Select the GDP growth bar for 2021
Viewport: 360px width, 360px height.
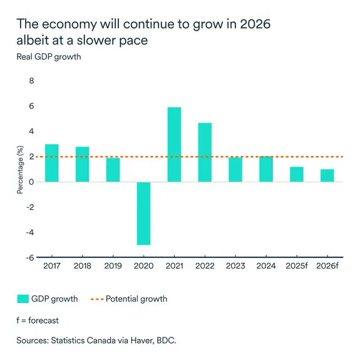click(x=174, y=145)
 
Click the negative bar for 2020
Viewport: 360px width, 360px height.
click(x=143, y=213)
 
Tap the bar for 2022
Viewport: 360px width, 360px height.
click(x=205, y=152)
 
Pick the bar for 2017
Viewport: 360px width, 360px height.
click(x=52, y=163)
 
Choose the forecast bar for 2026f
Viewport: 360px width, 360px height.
click(x=327, y=176)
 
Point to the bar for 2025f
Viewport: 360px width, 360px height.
click(x=297, y=175)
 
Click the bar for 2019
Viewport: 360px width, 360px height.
click(x=113, y=170)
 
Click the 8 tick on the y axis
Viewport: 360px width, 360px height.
click(x=31, y=81)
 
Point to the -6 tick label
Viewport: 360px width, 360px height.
click(x=29, y=257)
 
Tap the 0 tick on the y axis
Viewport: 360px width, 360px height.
click(x=31, y=182)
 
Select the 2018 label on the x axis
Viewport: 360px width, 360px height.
click(x=82, y=267)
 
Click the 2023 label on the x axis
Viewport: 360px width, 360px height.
click(x=235, y=267)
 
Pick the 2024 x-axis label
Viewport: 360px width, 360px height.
click(x=266, y=267)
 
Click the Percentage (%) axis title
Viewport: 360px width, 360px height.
click(x=19, y=170)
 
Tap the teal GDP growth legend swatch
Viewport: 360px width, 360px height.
click(x=23, y=299)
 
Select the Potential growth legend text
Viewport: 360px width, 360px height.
click(x=136, y=299)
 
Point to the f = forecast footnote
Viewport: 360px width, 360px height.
click(x=38, y=320)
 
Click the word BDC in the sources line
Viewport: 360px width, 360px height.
click(x=167, y=341)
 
